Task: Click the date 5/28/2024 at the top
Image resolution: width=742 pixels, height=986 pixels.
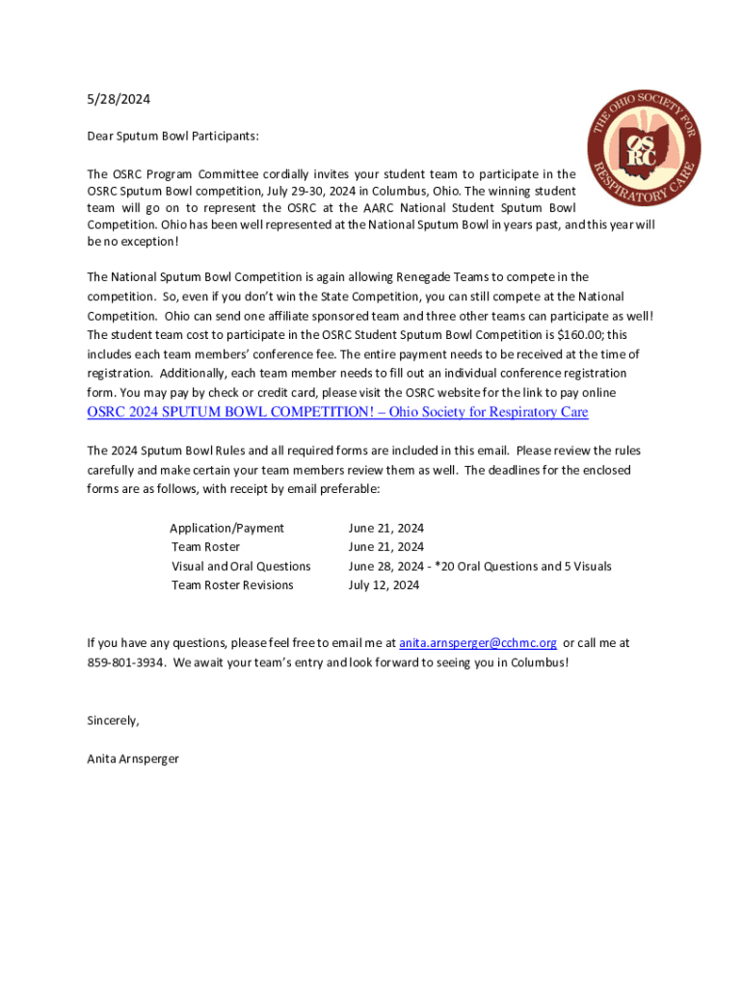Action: (x=119, y=98)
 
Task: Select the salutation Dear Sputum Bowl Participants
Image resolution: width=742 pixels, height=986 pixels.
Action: (x=172, y=136)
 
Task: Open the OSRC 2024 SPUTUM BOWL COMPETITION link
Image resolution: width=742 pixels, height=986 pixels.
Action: (x=337, y=412)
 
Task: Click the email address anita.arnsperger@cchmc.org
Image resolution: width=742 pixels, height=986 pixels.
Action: (x=478, y=642)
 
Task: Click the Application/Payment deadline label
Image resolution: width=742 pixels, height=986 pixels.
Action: (x=227, y=528)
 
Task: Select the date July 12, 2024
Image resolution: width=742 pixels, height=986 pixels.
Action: (x=384, y=584)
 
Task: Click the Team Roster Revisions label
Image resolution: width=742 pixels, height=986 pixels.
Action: (x=232, y=584)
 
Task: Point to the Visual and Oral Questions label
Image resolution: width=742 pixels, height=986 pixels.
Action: (x=241, y=566)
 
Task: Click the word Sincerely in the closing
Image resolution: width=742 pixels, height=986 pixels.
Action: (x=113, y=720)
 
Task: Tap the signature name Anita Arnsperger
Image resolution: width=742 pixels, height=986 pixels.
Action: (x=133, y=759)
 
